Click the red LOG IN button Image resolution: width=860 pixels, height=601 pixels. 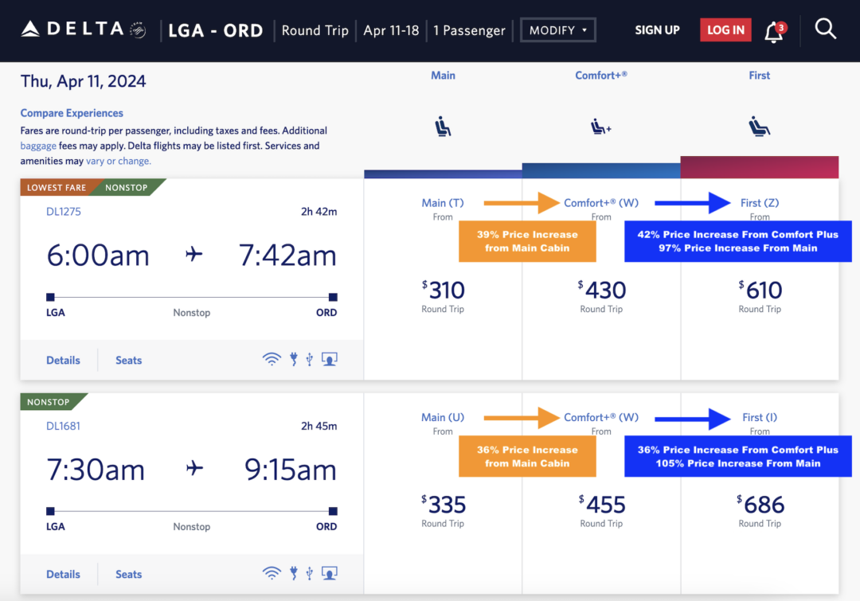click(725, 30)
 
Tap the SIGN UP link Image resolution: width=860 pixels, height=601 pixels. click(657, 30)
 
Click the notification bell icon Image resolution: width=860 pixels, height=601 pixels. click(773, 32)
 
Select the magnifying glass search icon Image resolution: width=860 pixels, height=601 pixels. click(826, 29)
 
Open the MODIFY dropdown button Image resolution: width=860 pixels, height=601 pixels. click(557, 30)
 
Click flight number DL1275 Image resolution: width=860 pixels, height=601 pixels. click(64, 212)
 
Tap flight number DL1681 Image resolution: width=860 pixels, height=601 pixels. click(64, 426)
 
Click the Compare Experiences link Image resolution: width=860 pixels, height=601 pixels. click(72, 113)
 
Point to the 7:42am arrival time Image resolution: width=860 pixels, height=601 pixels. click(287, 256)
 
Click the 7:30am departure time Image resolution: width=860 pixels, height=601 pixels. click(96, 470)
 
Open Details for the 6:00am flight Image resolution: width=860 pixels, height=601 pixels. click(63, 360)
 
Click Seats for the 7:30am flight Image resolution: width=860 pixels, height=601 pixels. click(128, 574)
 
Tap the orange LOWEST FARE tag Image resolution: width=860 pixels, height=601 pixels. click(56, 188)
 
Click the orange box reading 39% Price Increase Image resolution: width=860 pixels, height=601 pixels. click(527, 241)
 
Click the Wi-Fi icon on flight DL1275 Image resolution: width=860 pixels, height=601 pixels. click(272, 360)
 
